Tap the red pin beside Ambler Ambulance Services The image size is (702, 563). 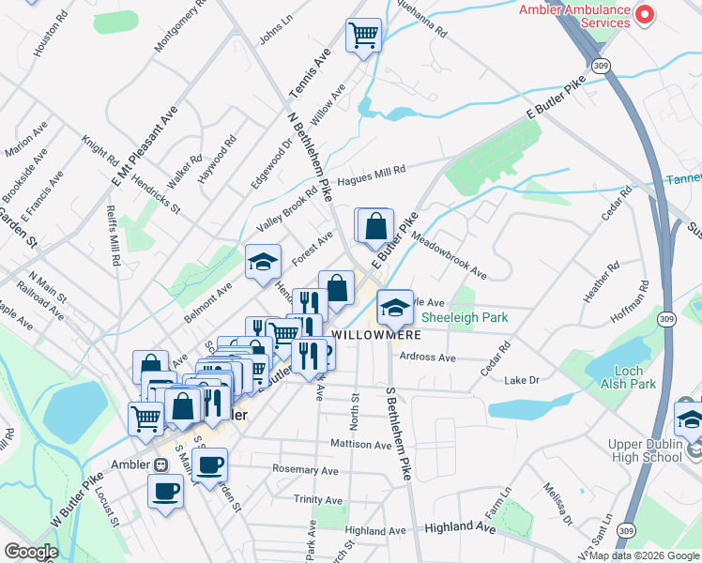(646, 14)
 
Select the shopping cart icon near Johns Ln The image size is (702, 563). (363, 37)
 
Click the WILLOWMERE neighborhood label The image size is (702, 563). (374, 333)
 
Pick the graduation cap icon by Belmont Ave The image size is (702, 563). (264, 262)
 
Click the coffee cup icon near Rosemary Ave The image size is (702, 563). (209, 464)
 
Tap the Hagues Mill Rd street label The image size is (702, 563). (372, 171)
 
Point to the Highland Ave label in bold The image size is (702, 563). (460, 528)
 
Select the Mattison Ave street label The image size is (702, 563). (360, 444)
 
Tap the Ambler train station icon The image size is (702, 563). (160, 464)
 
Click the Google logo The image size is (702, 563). (30, 552)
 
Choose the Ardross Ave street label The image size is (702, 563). (427, 358)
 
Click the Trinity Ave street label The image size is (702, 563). (314, 499)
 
